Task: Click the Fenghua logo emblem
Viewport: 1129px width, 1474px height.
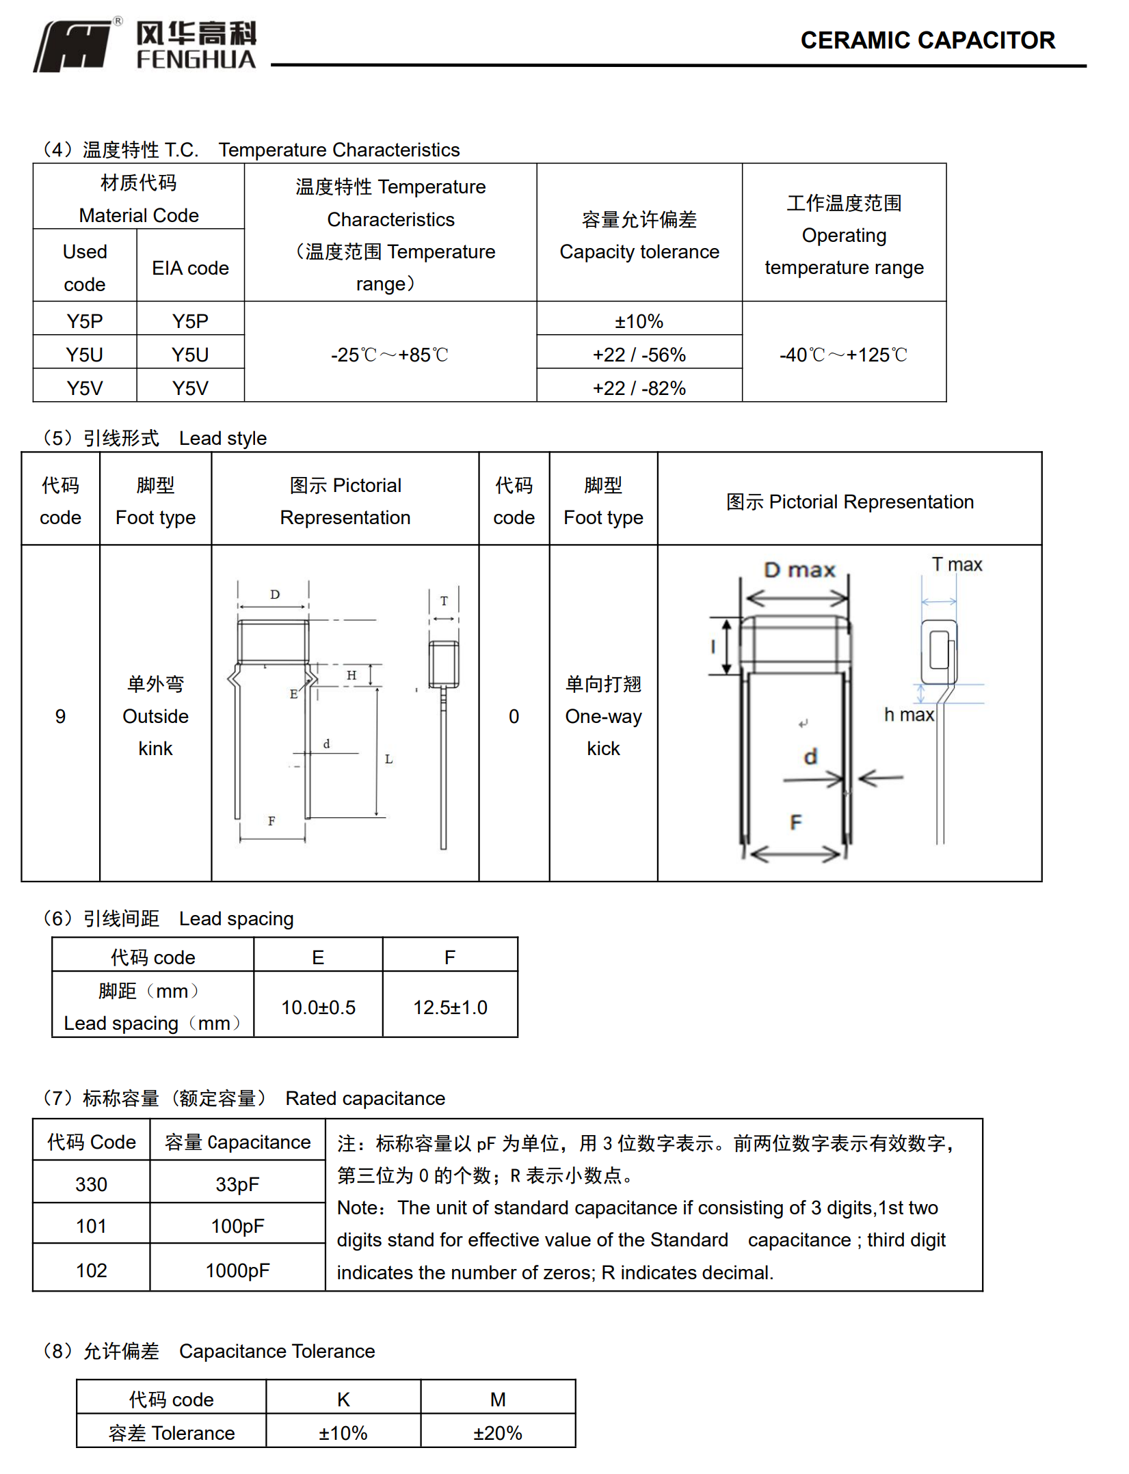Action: [x=74, y=46]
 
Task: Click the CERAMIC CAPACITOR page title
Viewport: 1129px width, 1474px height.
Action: [x=927, y=40]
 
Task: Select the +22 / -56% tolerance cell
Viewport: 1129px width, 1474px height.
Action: [x=639, y=355]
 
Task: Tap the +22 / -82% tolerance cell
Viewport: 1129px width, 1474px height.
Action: [x=639, y=388]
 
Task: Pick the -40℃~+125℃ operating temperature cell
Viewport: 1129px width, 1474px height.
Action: [x=843, y=355]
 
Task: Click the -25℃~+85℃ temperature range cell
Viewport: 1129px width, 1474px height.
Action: [x=390, y=355]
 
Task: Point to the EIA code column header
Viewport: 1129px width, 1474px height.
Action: [x=190, y=268]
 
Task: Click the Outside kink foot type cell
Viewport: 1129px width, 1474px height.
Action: [x=155, y=716]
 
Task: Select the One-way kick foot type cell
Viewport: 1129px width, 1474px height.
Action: [x=603, y=716]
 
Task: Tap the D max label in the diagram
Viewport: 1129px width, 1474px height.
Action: [x=799, y=570]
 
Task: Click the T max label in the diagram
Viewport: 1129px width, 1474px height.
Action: [x=957, y=564]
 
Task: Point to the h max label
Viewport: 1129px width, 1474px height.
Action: [x=908, y=715]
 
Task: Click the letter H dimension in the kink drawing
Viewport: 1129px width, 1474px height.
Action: [x=351, y=675]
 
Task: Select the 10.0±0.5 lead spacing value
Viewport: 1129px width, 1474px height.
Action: [x=318, y=1007]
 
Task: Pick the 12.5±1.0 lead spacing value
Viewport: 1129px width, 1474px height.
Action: [x=450, y=1007]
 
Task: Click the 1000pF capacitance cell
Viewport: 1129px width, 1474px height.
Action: [x=237, y=1270]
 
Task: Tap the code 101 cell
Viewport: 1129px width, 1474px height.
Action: [x=91, y=1226]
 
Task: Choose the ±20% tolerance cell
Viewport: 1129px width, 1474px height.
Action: [x=497, y=1433]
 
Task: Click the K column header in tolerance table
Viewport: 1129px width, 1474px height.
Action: [x=343, y=1400]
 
